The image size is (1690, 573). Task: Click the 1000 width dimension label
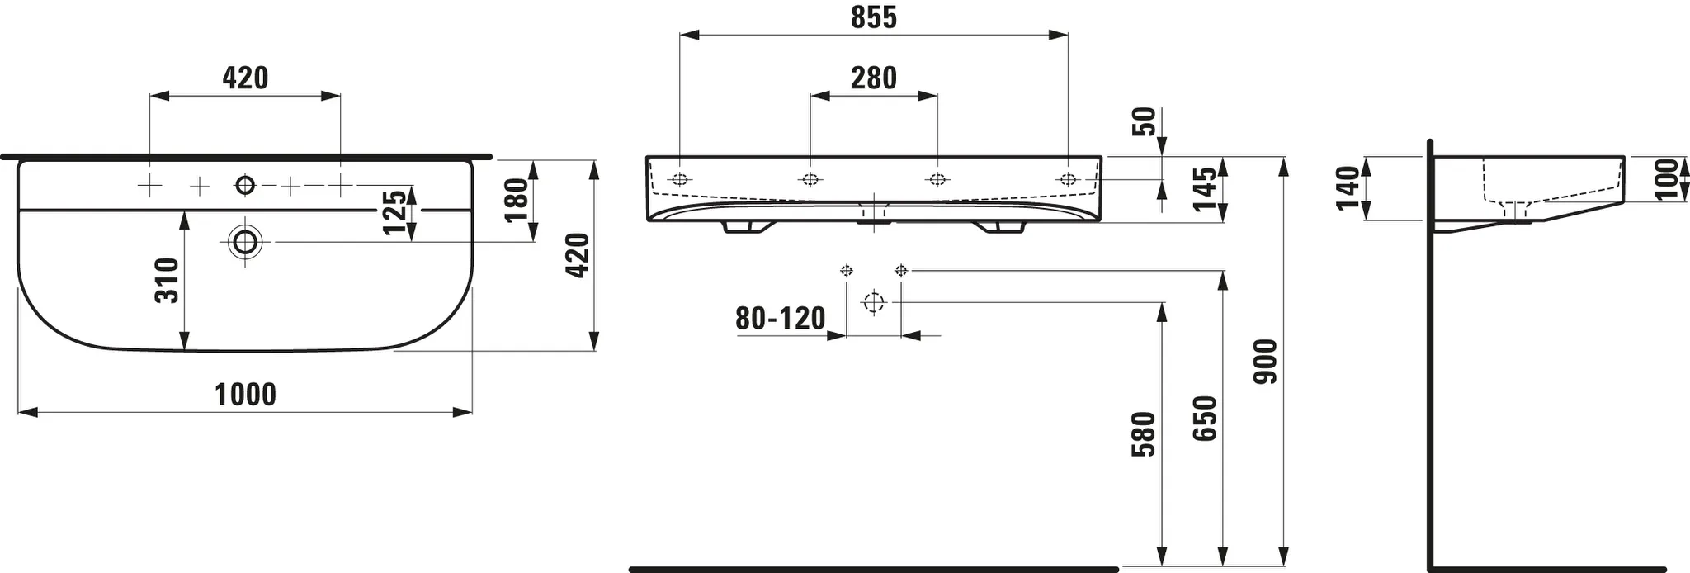pyautogui.click(x=246, y=395)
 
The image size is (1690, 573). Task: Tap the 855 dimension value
pyautogui.click(x=874, y=18)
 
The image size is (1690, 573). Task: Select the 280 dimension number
pyautogui.click(x=874, y=78)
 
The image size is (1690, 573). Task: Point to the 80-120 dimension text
pyautogui.click(x=781, y=318)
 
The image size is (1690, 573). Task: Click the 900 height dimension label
pyautogui.click(x=1266, y=361)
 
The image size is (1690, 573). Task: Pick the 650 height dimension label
pyautogui.click(x=1206, y=419)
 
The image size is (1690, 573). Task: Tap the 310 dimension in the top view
pyautogui.click(x=168, y=280)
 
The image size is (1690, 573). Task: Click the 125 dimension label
pyautogui.click(x=395, y=212)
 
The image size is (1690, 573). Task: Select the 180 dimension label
pyautogui.click(x=516, y=201)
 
